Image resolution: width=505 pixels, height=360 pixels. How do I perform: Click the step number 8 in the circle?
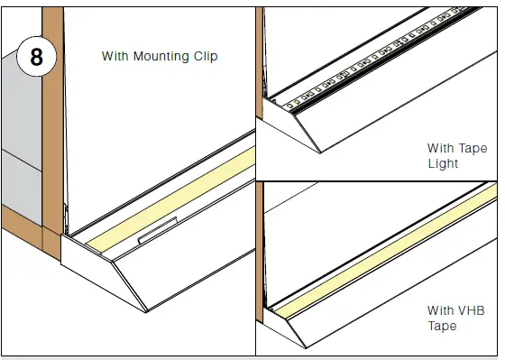click(36, 57)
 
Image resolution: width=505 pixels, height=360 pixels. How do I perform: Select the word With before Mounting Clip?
click(115, 56)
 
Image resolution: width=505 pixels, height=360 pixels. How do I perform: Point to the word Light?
click(443, 164)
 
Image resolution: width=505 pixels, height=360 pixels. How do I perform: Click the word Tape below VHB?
click(444, 327)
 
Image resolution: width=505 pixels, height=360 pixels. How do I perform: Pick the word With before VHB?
click(442, 310)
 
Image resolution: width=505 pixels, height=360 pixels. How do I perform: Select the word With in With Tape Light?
click(442, 148)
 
